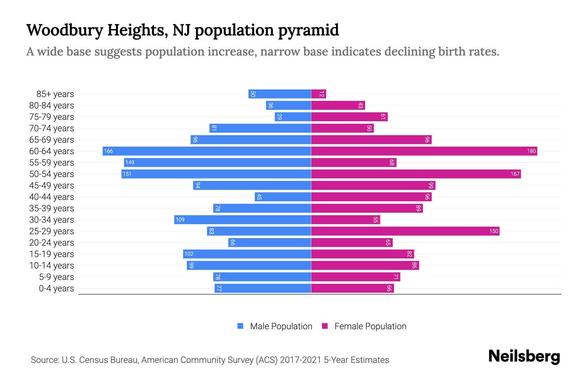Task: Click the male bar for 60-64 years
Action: click(x=206, y=151)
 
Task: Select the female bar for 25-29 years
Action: click(x=405, y=231)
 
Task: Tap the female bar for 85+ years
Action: click(x=318, y=94)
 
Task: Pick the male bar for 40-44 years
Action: click(x=283, y=197)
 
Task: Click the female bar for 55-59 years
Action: click(x=354, y=162)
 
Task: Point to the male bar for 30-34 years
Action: click(x=242, y=220)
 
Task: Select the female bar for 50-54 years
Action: click(x=416, y=174)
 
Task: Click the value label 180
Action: click(x=531, y=151)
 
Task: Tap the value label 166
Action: click(x=108, y=151)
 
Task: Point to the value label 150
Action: click(x=493, y=231)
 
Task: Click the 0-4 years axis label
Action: click(x=56, y=288)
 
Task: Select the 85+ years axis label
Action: click(x=55, y=94)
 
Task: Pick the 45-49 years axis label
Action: click(x=52, y=185)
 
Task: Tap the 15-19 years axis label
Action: click(x=52, y=254)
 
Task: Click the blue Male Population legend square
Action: click(x=240, y=326)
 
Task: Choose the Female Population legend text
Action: click(x=370, y=326)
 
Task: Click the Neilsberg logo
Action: click(x=524, y=356)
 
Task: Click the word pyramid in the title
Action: click(x=308, y=30)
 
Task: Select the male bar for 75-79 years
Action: click(x=293, y=117)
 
